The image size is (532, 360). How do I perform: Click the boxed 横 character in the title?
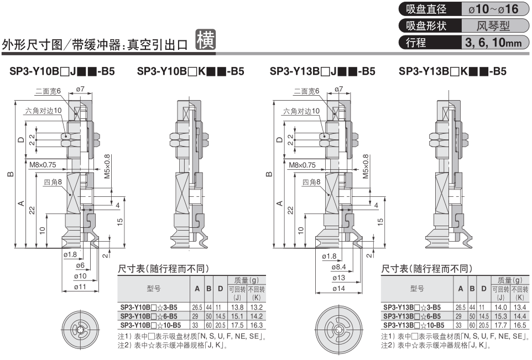click(x=206, y=40)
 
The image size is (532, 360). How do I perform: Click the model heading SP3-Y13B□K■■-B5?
click(x=452, y=72)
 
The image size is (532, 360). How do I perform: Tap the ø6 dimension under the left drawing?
click(x=80, y=266)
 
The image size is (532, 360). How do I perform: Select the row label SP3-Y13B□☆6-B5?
click(x=411, y=316)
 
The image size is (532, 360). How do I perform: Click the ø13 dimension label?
click(x=338, y=278)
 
